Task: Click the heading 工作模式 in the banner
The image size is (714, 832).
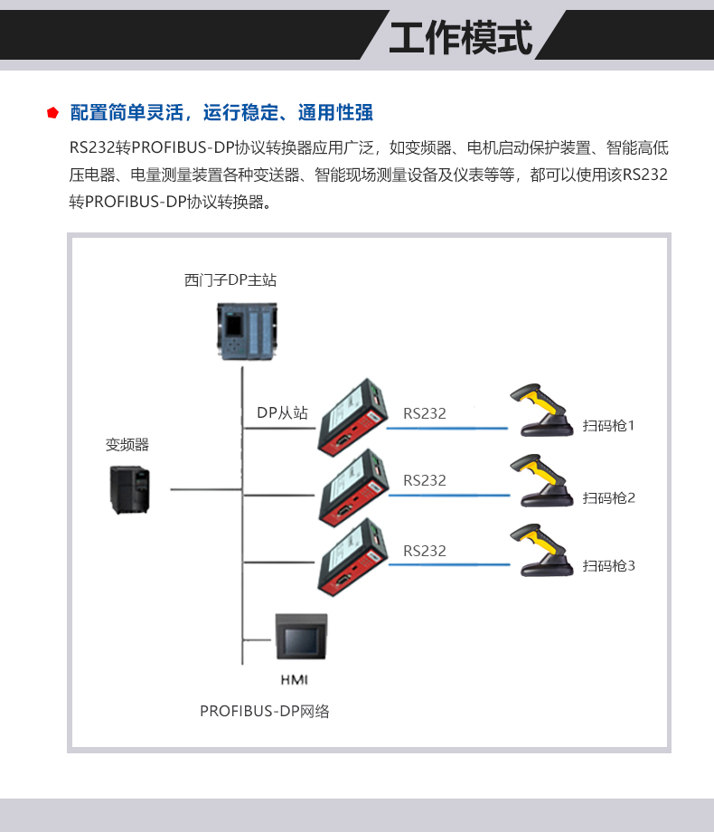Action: coord(461,37)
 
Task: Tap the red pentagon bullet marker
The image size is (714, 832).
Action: coord(53,113)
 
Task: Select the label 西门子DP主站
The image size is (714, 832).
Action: coord(230,280)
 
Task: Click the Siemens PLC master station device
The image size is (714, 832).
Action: coord(245,331)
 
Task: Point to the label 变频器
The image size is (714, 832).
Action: coord(127,444)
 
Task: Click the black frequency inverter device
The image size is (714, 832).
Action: coord(129,489)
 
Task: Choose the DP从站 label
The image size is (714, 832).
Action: coord(282,412)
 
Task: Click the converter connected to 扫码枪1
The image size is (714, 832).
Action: coord(352,417)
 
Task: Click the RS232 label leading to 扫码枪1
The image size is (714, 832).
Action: coord(425,413)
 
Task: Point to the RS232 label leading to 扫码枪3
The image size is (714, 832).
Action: coord(425,551)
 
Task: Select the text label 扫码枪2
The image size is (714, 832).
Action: coord(609,497)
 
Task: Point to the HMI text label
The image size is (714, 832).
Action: coord(295,678)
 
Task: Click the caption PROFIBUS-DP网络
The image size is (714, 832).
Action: coord(265,711)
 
